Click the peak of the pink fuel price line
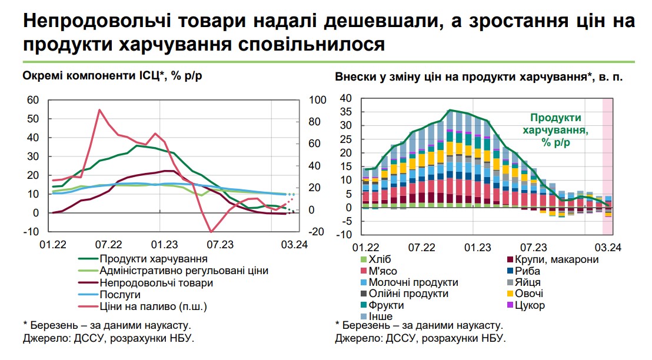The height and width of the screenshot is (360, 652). pyautogui.click(x=99, y=109)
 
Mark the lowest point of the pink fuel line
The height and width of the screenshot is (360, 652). pyautogui.click(x=211, y=232)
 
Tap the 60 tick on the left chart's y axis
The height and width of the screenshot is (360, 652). pyautogui.click(x=33, y=100)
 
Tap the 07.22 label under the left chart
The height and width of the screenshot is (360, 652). pyautogui.click(x=108, y=244)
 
